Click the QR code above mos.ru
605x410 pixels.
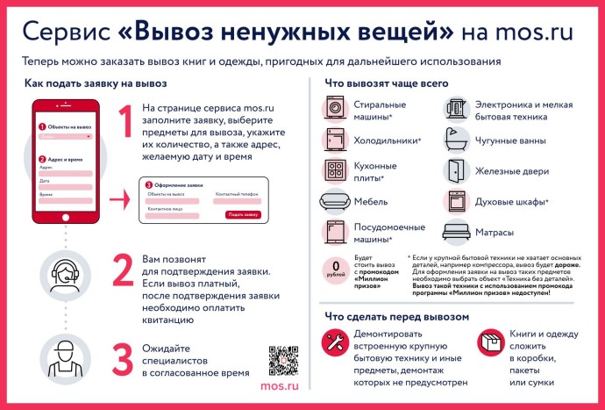click(x=285, y=361)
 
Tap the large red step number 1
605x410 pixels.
click(x=125, y=122)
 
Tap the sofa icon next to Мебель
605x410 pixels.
click(x=335, y=201)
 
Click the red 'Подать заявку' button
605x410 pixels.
click(x=243, y=214)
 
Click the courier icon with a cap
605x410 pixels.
click(x=67, y=361)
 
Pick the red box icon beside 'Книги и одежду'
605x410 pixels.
click(x=489, y=342)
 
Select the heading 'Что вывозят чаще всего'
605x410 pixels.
click(x=387, y=83)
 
